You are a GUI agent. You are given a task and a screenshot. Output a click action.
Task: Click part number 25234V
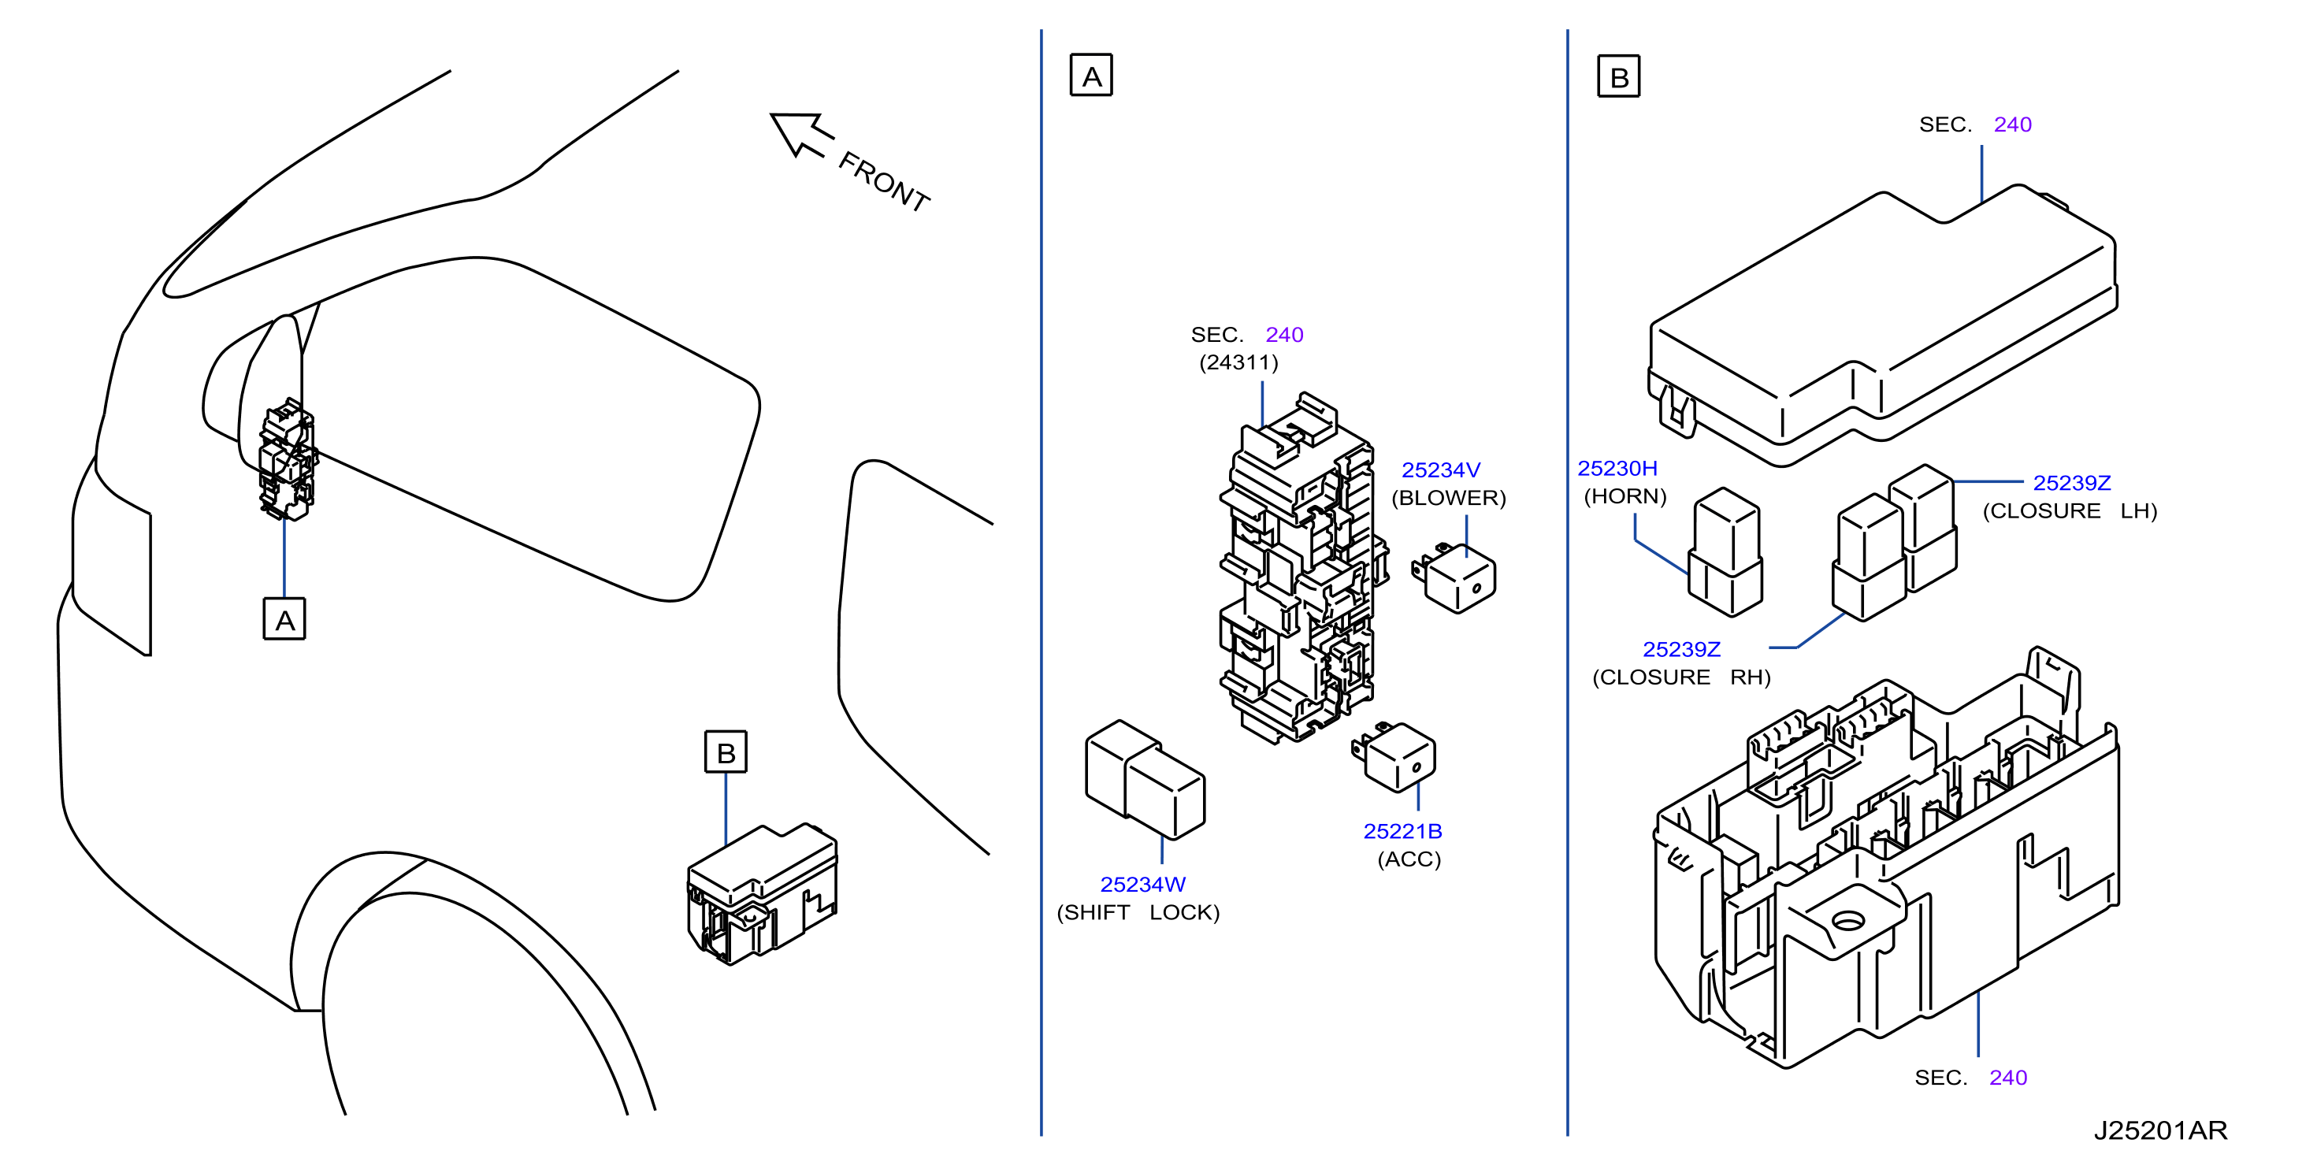click(1440, 470)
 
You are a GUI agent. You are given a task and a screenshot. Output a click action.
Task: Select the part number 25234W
click(1142, 885)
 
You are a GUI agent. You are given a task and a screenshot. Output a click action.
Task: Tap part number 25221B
click(1402, 832)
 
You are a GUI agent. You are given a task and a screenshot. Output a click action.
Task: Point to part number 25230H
click(1617, 469)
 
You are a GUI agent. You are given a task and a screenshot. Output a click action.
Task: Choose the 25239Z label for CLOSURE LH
click(2071, 483)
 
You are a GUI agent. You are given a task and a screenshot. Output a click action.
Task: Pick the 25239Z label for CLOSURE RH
click(1681, 649)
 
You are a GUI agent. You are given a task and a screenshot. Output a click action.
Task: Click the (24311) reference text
click(1238, 362)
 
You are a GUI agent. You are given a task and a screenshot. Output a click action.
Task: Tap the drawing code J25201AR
click(2159, 1130)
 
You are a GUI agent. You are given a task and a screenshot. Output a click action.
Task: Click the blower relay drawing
click(1454, 577)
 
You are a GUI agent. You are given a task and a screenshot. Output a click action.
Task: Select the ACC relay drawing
click(1394, 756)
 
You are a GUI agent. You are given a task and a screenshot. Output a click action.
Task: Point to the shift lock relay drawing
click(1145, 780)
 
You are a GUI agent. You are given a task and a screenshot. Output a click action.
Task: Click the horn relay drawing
click(1725, 552)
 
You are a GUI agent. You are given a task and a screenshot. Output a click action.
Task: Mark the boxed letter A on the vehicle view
click(284, 618)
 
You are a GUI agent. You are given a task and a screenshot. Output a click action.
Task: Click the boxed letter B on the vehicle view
click(725, 751)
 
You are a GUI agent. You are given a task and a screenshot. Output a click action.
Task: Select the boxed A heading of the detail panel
click(1091, 75)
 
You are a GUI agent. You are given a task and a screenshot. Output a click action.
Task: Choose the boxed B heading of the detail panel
click(1618, 76)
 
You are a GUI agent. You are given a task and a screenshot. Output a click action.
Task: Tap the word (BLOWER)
click(1448, 498)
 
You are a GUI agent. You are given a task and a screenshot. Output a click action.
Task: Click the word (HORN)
click(1624, 496)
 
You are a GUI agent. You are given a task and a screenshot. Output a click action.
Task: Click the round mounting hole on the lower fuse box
click(1848, 920)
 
